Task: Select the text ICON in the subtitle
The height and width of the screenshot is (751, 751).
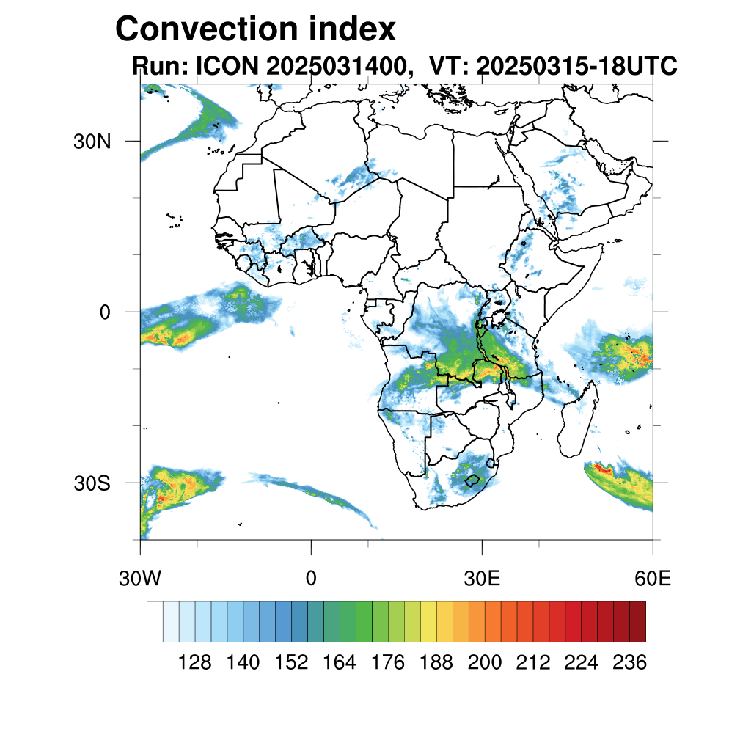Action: [x=226, y=67]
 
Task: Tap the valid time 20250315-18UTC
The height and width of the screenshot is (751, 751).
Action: [x=576, y=67]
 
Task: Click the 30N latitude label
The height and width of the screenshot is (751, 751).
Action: [x=92, y=142]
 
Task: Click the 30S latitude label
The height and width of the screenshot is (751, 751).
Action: [x=92, y=484]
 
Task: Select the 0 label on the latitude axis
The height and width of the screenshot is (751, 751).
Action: [x=104, y=312]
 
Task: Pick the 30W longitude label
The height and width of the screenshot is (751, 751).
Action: [x=140, y=579]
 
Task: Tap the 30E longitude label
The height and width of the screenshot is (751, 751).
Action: [x=482, y=579]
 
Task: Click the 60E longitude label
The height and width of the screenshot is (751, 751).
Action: [x=653, y=579]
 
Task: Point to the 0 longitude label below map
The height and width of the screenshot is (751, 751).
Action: [x=311, y=579]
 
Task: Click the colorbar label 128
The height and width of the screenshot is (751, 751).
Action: [x=195, y=663]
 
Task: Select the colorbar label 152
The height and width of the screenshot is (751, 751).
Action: [x=291, y=663]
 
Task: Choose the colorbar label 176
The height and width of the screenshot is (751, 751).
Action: [x=388, y=663]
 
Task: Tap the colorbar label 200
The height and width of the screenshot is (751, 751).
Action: [x=485, y=663]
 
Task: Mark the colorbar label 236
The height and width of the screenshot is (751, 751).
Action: [x=629, y=663]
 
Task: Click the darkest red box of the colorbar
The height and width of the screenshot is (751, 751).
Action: [x=637, y=621]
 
